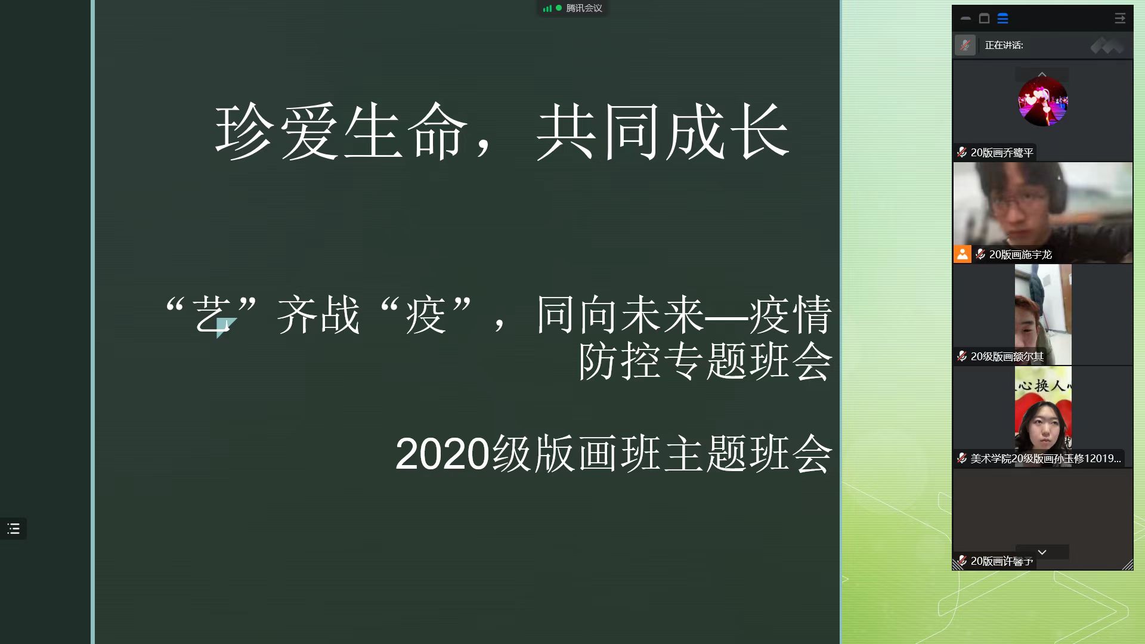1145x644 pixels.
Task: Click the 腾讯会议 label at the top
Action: [x=584, y=8]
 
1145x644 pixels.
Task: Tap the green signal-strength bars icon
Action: [x=547, y=8]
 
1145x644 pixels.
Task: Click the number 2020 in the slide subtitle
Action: [x=442, y=454]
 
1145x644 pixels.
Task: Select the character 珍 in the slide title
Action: [x=244, y=132]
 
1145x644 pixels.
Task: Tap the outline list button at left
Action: [x=13, y=529]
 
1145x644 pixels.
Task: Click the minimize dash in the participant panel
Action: [x=965, y=19]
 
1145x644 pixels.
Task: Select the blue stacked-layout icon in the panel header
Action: [x=1002, y=19]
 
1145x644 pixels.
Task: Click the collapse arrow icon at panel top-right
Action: [x=1120, y=19]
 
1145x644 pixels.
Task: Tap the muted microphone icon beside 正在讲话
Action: [x=965, y=45]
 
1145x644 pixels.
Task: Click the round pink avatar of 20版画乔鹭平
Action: [x=1042, y=101]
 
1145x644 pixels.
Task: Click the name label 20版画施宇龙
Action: [x=1020, y=255]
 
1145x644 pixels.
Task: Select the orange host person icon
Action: [x=962, y=254]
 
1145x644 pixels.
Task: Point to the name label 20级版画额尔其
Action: [x=1007, y=357]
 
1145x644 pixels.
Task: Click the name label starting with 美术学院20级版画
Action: [x=1045, y=459]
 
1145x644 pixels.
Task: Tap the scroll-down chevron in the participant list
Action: [x=1042, y=552]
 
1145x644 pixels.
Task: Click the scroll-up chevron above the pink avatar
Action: [x=1042, y=75]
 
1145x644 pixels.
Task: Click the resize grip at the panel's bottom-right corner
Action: [x=1127, y=565]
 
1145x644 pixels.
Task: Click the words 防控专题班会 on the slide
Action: [x=705, y=361]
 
